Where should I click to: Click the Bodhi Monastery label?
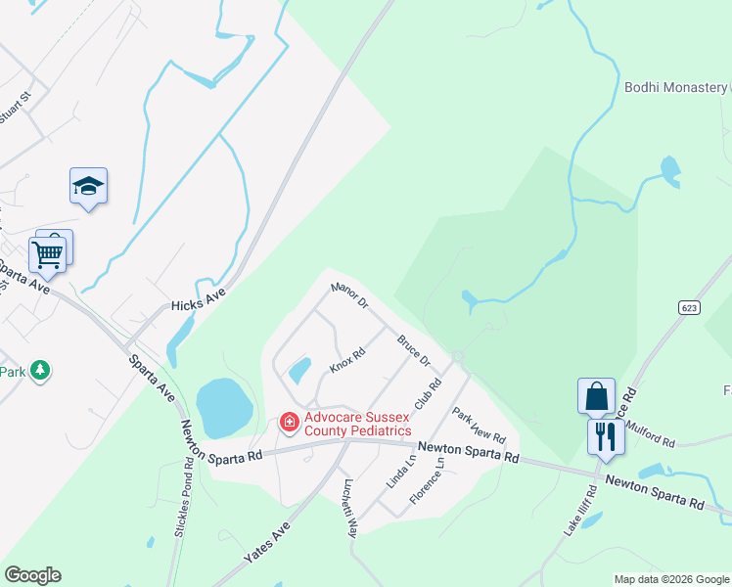coord(675,87)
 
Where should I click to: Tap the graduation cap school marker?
coord(88,187)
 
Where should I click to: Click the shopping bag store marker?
coord(596,395)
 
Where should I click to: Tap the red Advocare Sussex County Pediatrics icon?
coord(290,423)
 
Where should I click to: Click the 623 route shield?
coord(688,307)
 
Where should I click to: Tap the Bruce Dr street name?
coord(414,351)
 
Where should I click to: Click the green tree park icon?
coord(40,371)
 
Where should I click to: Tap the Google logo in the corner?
coord(32,575)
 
